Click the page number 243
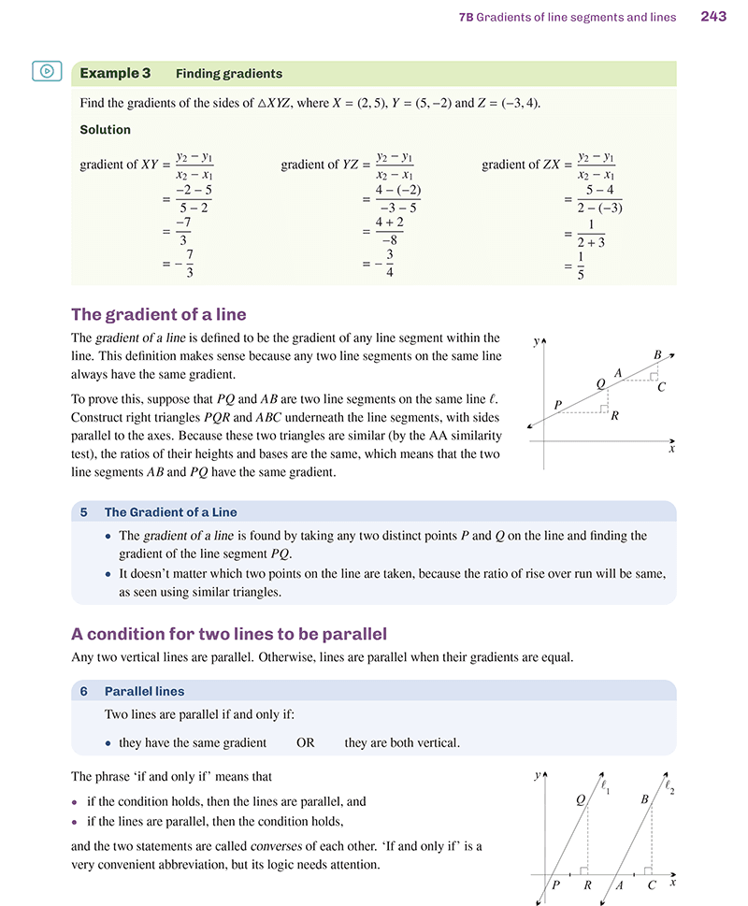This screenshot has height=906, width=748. click(x=713, y=16)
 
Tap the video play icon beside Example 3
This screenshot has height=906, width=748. click(x=47, y=71)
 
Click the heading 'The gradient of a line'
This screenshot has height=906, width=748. click(x=159, y=313)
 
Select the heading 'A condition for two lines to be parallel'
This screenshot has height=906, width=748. click(x=229, y=633)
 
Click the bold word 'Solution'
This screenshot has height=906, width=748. click(x=105, y=130)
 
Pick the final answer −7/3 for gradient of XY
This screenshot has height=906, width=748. click(x=183, y=266)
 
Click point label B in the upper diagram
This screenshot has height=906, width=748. click(x=658, y=354)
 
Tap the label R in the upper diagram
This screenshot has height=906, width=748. click(x=614, y=417)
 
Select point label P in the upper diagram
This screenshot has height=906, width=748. click(x=558, y=405)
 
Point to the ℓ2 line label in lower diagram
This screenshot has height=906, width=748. click(x=669, y=787)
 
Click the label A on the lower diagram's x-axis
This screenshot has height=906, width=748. click(x=618, y=884)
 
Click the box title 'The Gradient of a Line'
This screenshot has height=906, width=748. click(x=170, y=512)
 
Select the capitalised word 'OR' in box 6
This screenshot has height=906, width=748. click(x=306, y=743)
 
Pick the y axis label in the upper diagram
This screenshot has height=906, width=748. click(x=536, y=342)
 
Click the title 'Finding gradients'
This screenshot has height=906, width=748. click(x=228, y=73)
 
